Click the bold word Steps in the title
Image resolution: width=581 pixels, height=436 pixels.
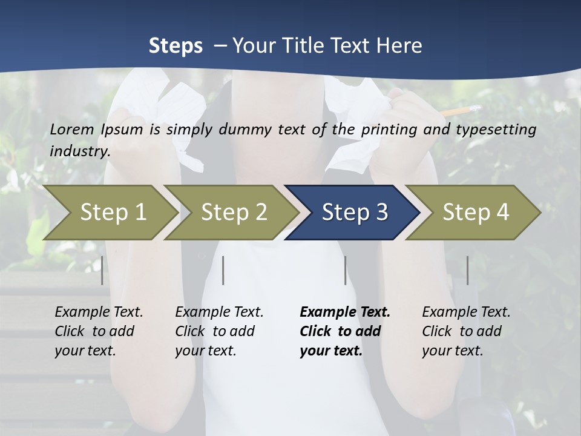[x=176, y=45]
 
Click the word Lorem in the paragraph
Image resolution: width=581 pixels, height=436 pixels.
[x=71, y=129]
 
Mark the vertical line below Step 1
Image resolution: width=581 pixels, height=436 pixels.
[x=102, y=270]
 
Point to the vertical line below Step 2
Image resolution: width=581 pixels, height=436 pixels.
[x=223, y=270]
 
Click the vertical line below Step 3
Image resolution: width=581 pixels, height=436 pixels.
[x=345, y=270]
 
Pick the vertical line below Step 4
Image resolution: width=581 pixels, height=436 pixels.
[x=467, y=270]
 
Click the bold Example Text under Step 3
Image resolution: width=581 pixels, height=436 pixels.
[x=345, y=312]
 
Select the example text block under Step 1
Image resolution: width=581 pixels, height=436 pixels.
[x=99, y=331]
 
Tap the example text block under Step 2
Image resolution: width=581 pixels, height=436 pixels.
[x=219, y=331]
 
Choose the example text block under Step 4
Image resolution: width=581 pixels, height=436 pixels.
[x=466, y=331]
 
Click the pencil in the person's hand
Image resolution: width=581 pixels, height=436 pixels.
[x=461, y=110]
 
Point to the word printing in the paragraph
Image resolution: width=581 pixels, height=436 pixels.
[x=389, y=129]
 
